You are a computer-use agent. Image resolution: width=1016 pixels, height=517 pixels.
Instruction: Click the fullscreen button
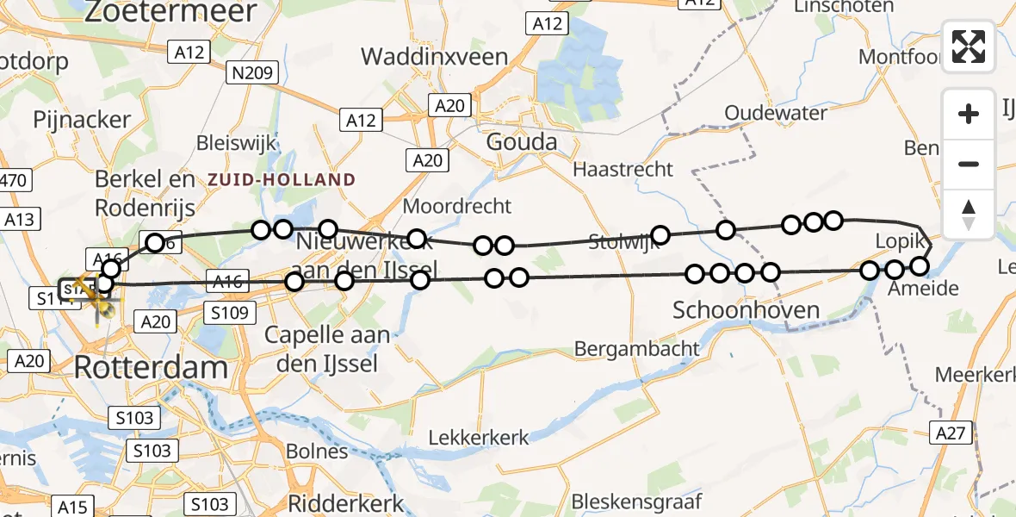[x=969, y=47]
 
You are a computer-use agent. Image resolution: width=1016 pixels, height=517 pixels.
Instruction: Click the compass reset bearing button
[x=969, y=215]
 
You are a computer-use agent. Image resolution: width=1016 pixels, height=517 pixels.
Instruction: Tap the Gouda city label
[x=521, y=142]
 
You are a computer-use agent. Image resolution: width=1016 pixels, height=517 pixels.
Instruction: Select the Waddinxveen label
[x=434, y=57]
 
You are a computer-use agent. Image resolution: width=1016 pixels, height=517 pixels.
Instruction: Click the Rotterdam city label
[x=151, y=368]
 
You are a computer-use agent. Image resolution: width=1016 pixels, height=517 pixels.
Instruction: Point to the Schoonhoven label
[x=746, y=309]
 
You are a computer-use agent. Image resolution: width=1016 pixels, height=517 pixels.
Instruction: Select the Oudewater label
[x=776, y=113]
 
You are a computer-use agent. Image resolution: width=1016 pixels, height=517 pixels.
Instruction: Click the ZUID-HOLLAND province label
[x=281, y=179]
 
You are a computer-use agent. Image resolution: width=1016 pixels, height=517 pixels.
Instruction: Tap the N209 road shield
[x=252, y=74]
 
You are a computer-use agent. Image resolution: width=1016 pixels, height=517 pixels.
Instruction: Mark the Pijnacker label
[x=81, y=119]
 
